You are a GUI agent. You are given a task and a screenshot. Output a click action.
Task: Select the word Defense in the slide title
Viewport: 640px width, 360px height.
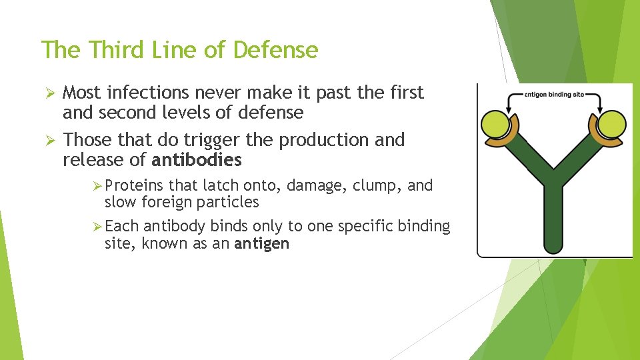277,49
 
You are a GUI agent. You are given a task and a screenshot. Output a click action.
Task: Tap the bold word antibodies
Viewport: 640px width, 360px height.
197,160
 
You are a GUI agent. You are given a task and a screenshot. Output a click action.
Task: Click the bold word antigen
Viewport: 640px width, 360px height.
262,243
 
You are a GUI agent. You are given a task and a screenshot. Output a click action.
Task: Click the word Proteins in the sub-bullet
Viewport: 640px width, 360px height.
135,185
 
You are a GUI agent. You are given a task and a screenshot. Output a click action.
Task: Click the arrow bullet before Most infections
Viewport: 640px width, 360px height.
47,93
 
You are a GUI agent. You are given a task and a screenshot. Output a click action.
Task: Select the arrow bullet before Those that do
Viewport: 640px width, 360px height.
47,141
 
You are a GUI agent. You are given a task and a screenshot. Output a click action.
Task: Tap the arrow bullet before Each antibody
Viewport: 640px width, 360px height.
97,227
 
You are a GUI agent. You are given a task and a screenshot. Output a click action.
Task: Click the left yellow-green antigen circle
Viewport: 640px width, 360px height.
496,123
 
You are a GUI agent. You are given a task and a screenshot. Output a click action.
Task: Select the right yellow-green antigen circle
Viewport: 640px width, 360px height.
612,123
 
